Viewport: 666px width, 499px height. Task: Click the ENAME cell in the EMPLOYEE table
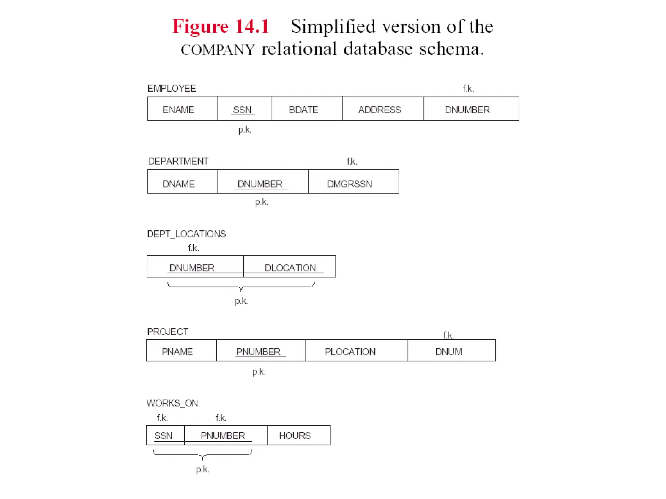click(x=179, y=110)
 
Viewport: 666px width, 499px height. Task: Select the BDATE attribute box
click(x=304, y=110)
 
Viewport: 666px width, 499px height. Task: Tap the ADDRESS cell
click(x=380, y=110)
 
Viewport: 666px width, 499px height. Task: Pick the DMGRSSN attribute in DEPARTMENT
click(x=350, y=184)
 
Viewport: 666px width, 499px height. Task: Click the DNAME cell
click(x=179, y=184)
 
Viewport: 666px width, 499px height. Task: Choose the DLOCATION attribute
click(x=290, y=268)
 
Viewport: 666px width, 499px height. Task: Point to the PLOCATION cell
click(x=350, y=352)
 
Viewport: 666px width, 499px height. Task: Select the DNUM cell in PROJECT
click(x=448, y=352)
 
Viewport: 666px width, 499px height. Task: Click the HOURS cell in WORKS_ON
click(x=295, y=436)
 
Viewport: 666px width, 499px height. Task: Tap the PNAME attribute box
click(x=177, y=352)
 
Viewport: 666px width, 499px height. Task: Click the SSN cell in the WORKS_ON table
click(x=163, y=436)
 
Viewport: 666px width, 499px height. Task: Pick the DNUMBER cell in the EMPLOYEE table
click(x=467, y=110)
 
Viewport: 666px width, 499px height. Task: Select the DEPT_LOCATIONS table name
click(x=186, y=234)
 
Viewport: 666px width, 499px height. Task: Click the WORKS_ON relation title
click(x=172, y=403)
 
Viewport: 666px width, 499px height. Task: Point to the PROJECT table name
click(x=168, y=332)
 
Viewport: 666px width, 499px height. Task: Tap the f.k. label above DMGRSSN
click(x=352, y=161)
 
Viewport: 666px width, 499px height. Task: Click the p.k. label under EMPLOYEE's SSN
click(x=245, y=130)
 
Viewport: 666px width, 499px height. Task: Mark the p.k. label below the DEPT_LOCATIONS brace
click(x=241, y=301)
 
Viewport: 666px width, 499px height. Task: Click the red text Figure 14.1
click(x=221, y=26)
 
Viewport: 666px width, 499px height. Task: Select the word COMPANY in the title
click(x=218, y=50)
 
